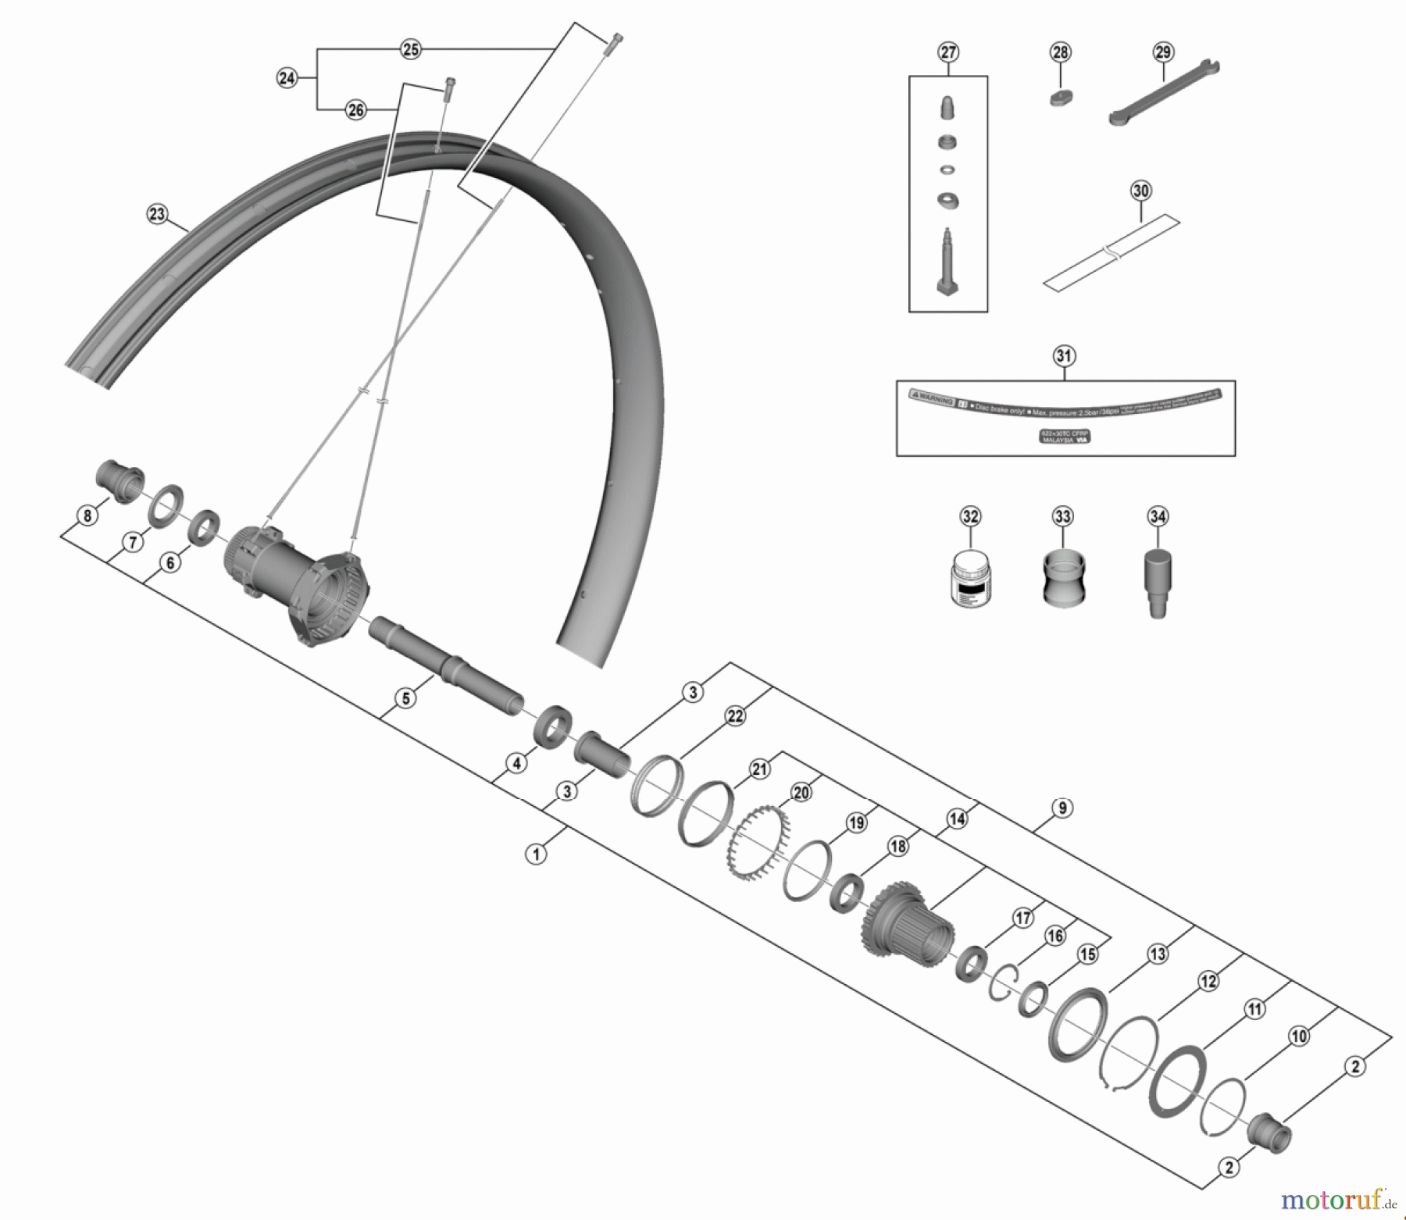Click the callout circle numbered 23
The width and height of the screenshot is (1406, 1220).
click(x=158, y=214)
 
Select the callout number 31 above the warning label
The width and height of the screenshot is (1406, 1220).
click(x=1064, y=356)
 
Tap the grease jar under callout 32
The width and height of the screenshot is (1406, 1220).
click(x=970, y=579)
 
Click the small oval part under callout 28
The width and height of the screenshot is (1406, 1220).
click(x=1060, y=98)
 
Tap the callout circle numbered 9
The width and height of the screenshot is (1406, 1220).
click(x=1062, y=808)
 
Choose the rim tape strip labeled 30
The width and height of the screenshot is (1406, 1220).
click(x=1111, y=254)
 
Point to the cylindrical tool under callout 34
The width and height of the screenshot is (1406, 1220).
click(x=1158, y=582)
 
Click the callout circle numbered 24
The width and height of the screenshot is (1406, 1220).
click(x=287, y=78)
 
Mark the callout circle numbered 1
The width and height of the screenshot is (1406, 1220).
click(x=536, y=854)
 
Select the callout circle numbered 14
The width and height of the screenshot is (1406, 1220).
click(x=957, y=819)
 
